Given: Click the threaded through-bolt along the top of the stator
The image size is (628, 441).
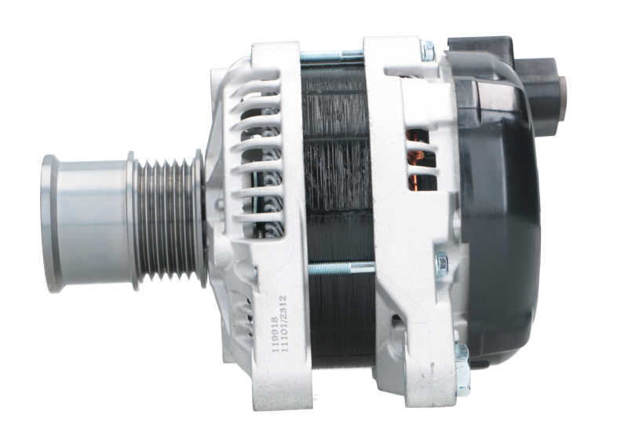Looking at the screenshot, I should point(330,56).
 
